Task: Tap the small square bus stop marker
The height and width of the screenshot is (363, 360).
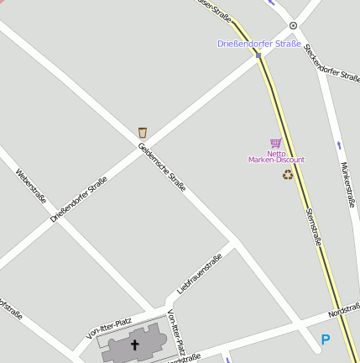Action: coord(258,55)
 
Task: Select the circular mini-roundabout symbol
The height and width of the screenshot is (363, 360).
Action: coord(293,26)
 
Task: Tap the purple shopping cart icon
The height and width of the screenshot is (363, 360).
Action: coord(276,144)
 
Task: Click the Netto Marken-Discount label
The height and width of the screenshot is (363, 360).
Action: coord(276,156)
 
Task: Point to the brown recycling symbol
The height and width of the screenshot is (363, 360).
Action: coord(288,175)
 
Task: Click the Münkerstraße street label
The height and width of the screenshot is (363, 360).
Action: coord(348,184)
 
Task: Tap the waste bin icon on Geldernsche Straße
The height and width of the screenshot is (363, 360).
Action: coord(143,132)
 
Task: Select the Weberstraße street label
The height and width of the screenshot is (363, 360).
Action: coord(30,188)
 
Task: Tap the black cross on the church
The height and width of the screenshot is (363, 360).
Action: coord(134,345)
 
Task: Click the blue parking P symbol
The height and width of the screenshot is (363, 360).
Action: coord(325,340)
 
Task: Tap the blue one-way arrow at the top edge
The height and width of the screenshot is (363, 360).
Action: coord(274,3)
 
